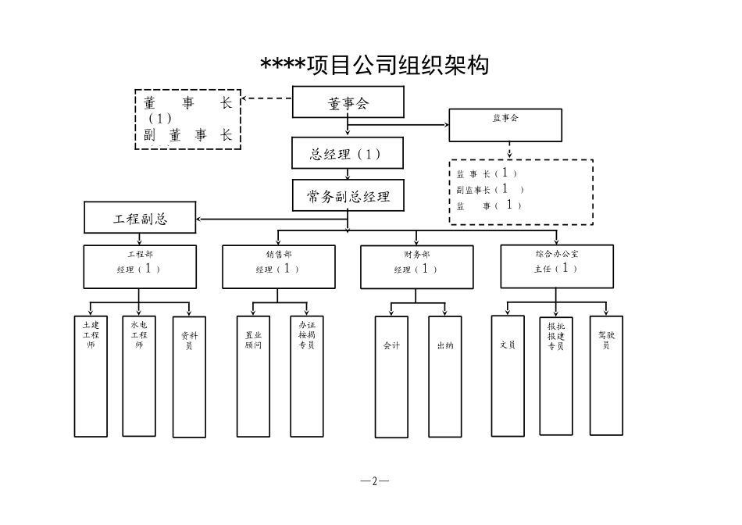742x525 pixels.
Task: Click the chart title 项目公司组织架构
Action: [x=375, y=66]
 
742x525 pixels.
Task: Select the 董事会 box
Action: [x=348, y=102]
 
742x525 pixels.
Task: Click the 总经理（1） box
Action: [x=348, y=154]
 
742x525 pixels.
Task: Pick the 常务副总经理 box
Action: [x=348, y=196]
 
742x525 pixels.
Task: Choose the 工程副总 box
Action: [x=140, y=218]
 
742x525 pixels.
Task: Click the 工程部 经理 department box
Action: [x=140, y=266]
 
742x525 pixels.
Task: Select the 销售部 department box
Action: [x=279, y=266]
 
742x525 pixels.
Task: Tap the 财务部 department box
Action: [x=416, y=267]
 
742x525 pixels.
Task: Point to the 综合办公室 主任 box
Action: [x=557, y=266]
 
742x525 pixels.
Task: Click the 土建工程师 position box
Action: [x=91, y=375]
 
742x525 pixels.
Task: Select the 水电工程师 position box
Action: [x=139, y=375]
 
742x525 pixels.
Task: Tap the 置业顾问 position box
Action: [x=253, y=376]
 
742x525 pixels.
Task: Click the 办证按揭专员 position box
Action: [x=307, y=376]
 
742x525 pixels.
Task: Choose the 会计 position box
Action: [x=391, y=376]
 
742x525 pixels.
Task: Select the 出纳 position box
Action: [x=444, y=376]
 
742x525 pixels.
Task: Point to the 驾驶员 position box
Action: [x=606, y=375]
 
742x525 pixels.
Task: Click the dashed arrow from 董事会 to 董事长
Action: [x=266, y=99]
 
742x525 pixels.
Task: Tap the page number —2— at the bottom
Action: [x=375, y=481]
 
